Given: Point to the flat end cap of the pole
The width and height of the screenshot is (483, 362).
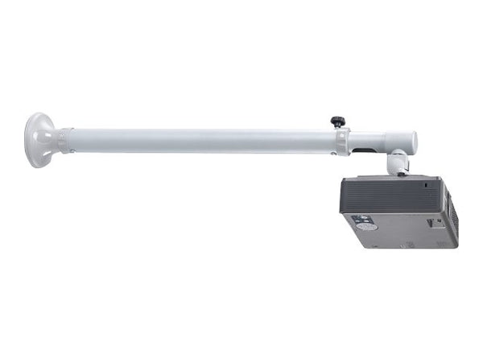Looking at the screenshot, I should coord(414,142).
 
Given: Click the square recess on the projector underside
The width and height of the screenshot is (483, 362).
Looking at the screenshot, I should coord(436,223).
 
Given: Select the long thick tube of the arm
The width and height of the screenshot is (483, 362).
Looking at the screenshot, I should coord(201,141).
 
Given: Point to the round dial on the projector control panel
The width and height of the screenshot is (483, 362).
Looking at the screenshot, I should coord(359,220).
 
